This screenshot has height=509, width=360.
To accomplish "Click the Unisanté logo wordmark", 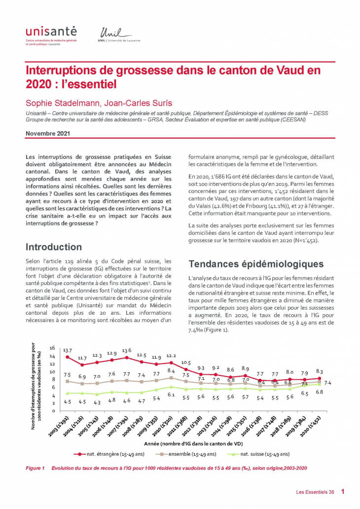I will [51, 32].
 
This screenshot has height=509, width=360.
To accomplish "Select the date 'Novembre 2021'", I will [48, 133].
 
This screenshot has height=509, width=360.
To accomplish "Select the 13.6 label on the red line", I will [127, 351].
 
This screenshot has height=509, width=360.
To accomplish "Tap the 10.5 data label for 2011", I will [185, 363].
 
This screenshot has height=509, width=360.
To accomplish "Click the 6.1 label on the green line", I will [171, 395].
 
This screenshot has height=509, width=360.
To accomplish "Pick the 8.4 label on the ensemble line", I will [171, 370].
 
